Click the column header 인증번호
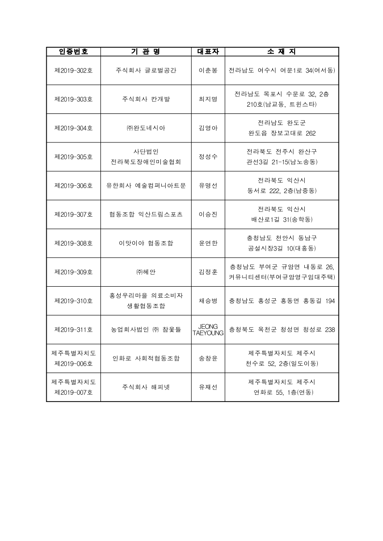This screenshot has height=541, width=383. point(73,52)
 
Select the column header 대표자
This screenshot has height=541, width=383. point(208,52)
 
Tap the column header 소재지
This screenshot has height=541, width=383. point(282,52)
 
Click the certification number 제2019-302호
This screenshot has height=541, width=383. point(73,70)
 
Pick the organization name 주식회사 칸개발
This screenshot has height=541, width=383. point(146,99)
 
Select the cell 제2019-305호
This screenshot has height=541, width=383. point(73,157)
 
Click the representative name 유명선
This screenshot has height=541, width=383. point(208,185)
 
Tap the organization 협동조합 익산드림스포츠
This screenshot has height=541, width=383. point(146,214)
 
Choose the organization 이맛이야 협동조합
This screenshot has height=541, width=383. point(146,243)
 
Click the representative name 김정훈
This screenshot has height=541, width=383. point(208,272)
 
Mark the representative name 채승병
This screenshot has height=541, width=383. point(208,301)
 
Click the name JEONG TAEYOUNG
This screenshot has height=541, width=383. point(208,330)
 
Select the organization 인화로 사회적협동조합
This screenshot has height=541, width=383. point(146,358)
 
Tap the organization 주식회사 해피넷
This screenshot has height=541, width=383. point(146,387)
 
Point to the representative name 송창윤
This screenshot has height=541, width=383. point(208,358)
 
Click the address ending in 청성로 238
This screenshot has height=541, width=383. point(282,330)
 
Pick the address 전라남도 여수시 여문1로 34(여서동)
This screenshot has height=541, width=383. point(282,70)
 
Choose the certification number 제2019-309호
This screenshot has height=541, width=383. point(73,272)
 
